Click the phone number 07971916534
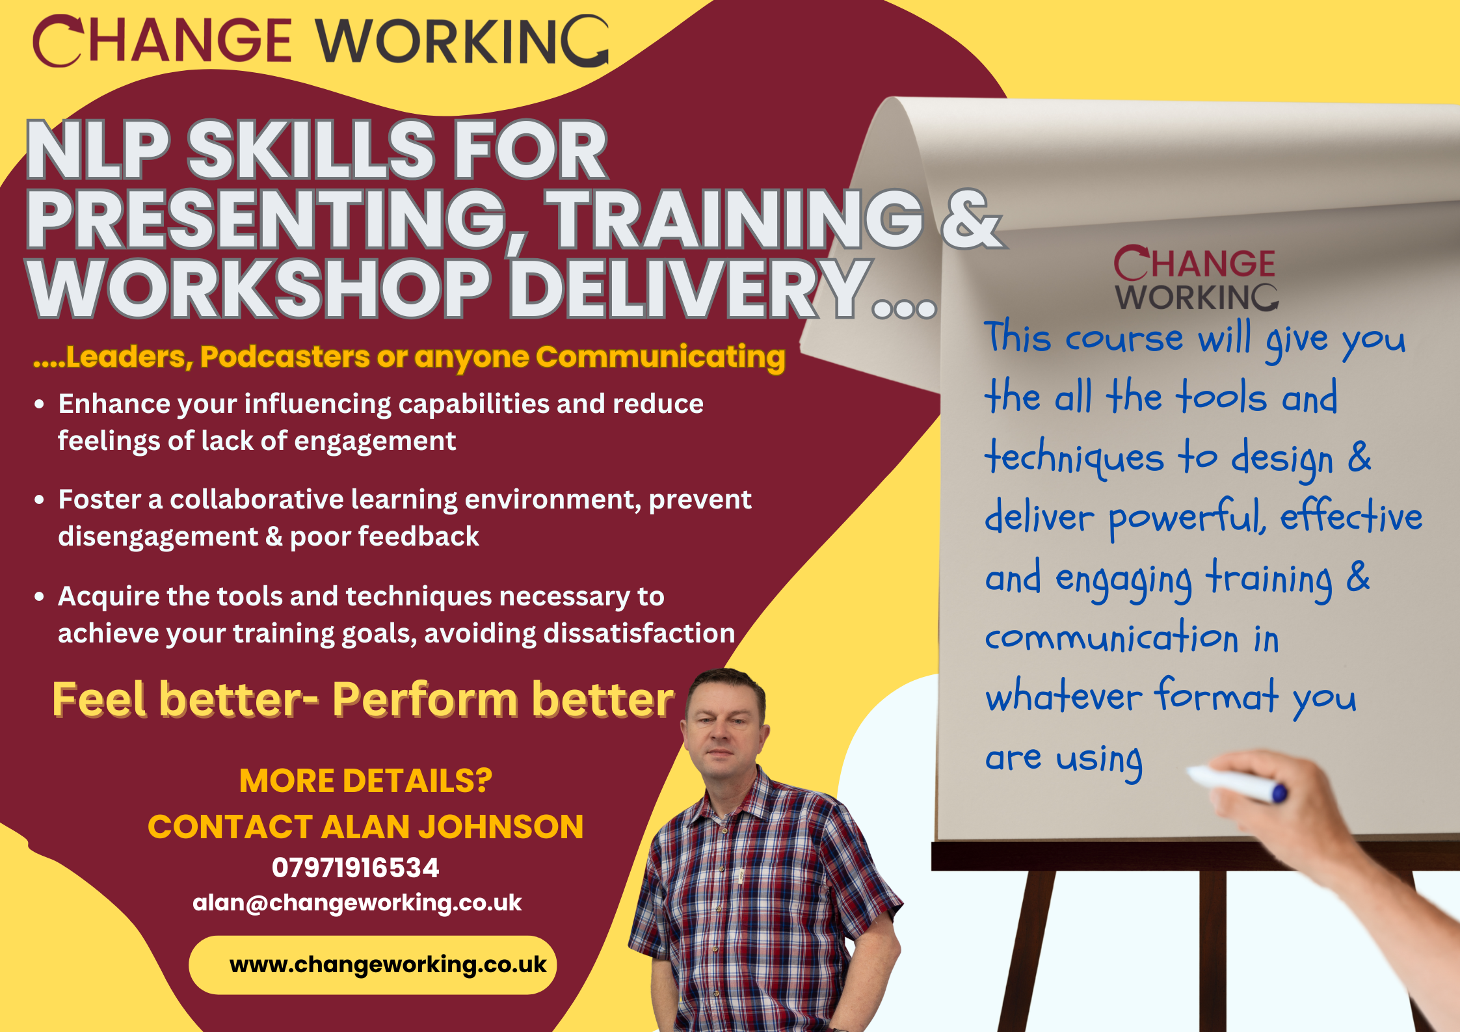[x=355, y=867]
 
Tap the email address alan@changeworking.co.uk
[x=357, y=903]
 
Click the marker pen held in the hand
[x=1236, y=784]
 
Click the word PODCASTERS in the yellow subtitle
[x=285, y=356]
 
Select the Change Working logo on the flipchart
[x=1195, y=279]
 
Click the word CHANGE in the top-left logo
[x=162, y=41]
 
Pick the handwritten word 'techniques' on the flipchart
[x=1074, y=458]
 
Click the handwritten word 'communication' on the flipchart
[x=1111, y=637]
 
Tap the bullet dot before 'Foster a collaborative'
[x=40, y=500]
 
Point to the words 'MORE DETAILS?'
[x=365, y=780]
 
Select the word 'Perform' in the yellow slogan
[x=425, y=700]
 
